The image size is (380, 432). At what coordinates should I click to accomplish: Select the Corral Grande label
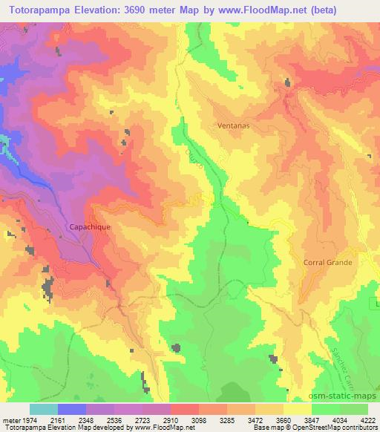pos(327,262)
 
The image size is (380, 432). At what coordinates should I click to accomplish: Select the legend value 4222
pos(368,420)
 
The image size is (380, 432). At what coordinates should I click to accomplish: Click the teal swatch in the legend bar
pos(44,409)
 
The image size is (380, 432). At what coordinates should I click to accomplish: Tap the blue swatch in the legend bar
pos(72,409)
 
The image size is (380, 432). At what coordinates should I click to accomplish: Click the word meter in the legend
pos(10,420)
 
